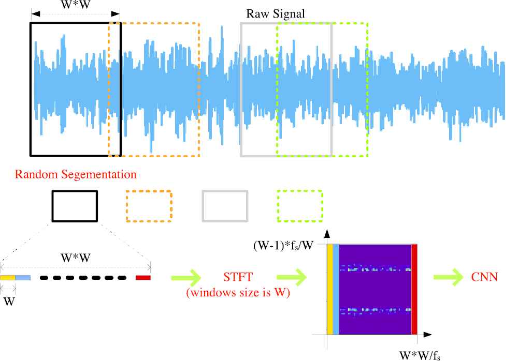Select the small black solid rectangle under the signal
[75, 206]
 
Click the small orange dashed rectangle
[149, 206]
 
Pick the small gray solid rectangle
[224, 206]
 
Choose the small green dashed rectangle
[300, 206]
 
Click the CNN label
[485, 277]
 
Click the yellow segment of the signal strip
[8, 278]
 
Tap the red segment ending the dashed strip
[143, 278]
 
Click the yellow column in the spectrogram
[329, 290]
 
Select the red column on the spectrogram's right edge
[414, 290]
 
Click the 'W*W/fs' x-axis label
[420, 355]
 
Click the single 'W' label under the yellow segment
[8, 300]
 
